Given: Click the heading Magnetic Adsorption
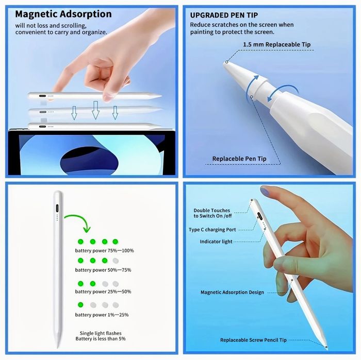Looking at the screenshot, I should click(63, 14).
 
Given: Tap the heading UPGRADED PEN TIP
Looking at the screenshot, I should click(224, 15).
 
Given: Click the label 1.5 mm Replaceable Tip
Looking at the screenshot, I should click(277, 45).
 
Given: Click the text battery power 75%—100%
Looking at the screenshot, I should click(104, 251).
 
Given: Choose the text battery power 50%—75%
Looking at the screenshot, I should click(104, 270).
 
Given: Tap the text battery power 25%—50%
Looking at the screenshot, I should click(103, 292).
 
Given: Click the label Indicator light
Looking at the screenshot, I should click(216, 242).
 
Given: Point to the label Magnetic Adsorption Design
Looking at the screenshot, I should click(232, 293).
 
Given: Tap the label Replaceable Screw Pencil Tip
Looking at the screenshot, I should click(253, 340).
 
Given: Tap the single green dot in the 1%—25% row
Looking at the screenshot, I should click(81, 305).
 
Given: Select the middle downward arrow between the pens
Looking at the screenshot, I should click(95, 110).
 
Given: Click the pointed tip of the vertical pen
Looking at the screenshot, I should click(58, 344).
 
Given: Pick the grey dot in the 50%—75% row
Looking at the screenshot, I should click(116, 261).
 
